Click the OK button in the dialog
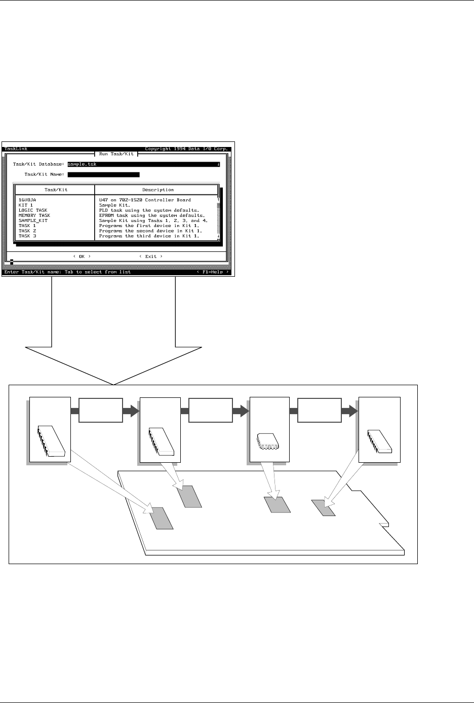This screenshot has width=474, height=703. click(x=82, y=256)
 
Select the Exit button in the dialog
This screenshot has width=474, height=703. click(x=151, y=256)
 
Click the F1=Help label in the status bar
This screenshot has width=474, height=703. click(x=212, y=272)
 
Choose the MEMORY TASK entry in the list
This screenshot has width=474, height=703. click(x=34, y=215)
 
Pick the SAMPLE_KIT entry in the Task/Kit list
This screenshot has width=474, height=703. click(x=33, y=220)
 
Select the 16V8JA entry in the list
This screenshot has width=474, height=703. click(x=27, y=200)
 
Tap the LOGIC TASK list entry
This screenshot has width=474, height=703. click(x=33, y=210)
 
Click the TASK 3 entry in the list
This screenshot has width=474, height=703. click(x=27, y=236)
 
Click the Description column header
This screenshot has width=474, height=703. click(x=158, y=190)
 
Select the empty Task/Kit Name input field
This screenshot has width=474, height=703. click(x=103, y=175)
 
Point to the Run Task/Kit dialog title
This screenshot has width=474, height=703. click(x=116, y=154)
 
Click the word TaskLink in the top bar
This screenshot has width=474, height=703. click(x=16, y=149)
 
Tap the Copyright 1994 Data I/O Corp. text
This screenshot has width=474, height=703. click(x=187, y=149)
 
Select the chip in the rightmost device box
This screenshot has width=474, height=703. click(x=380, y=441)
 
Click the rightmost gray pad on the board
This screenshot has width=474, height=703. click(x=323, y=508)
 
